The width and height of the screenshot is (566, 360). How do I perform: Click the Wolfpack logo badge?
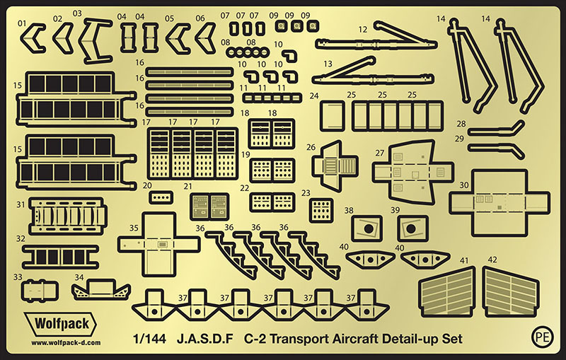60,324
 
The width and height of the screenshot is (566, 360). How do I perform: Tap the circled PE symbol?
543,336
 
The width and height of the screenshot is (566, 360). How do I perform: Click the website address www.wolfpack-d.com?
66,343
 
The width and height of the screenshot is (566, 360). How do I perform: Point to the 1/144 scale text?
149,339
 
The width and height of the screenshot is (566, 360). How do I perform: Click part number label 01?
22,23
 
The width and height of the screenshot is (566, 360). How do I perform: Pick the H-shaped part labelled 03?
95,40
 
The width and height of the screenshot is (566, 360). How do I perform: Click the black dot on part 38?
368,228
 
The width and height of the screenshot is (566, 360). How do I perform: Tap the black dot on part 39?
411,228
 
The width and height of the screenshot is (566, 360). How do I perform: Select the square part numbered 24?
333,115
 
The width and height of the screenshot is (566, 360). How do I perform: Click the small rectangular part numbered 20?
161,197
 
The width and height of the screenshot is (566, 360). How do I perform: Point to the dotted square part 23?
321,210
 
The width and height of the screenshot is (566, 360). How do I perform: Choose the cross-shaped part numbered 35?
158,244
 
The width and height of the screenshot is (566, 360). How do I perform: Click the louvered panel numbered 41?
447,292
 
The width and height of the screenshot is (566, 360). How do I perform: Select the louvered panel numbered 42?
511,292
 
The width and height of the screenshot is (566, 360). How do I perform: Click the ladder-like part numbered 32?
60,257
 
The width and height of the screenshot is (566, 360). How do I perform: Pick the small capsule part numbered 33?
40,291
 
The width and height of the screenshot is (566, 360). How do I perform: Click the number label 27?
379,153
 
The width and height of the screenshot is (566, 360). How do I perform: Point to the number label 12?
362,30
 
